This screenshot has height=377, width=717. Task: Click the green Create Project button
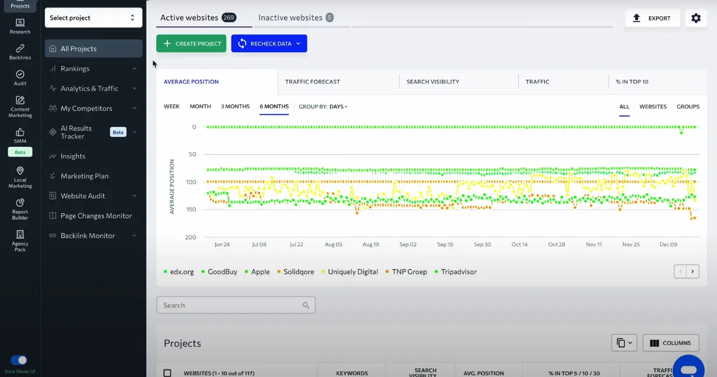(191, 44)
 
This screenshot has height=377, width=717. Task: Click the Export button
(652, 18)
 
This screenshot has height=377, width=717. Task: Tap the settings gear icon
(695, 18)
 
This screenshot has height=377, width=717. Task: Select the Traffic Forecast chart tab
(312, 82)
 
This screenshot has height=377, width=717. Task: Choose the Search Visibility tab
(432, 82)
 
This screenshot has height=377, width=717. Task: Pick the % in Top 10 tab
(632, 82)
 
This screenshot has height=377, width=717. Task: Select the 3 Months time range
(235, 107)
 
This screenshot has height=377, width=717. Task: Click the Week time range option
(172, 107)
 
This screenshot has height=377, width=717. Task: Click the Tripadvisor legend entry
(459, 272)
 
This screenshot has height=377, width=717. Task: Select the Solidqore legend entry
(299, 272)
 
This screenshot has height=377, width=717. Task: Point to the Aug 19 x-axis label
(370, 245)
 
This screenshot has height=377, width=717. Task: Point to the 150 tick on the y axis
(190, 209)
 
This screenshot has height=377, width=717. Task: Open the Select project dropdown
(93, 18)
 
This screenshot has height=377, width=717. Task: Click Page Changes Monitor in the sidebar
(96, 216)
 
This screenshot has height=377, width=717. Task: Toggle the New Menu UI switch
(19, 360)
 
